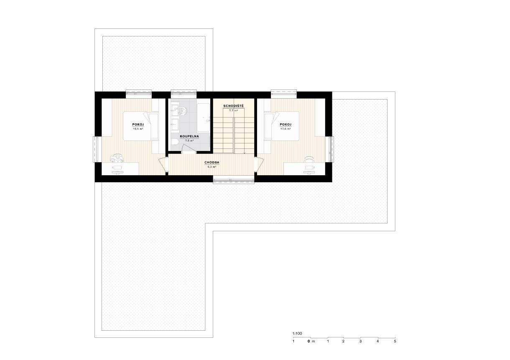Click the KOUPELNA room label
189,136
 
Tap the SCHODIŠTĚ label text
233,106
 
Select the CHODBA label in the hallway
212,163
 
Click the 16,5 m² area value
138,129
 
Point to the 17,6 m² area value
286,129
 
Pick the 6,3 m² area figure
212,167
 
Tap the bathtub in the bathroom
203,117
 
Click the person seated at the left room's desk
116,158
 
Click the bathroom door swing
189,149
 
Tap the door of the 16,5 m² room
163,165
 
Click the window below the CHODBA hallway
234,181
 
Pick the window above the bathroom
184,92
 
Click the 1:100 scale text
297,334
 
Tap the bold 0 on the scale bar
309,341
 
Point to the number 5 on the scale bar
395,341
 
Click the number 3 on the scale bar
361,341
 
